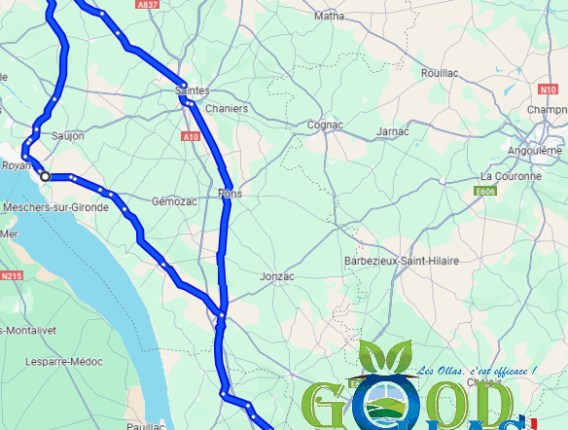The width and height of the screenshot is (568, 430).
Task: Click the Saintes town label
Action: pyautogui.click(x=192, y=90)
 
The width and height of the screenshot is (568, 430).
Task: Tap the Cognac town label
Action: pyautogui.click(x=324, y=125)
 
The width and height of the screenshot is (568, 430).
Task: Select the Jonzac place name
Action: pyautogui.click(x=277, y=276)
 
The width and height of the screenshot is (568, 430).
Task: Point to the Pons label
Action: pyautogui.click(x=230, y=194)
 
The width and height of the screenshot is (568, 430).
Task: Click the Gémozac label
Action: pyautogui.click(x=174, y=201)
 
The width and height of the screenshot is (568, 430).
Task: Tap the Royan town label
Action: pyautogui.click(x=16, y=165)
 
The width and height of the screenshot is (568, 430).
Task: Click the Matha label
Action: pyautogui.click(x=330, y=16)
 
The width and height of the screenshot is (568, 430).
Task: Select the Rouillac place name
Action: pyautogui.click(x=439, y=73)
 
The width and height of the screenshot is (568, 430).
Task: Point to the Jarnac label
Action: pyautogui.click(x=393, y=131)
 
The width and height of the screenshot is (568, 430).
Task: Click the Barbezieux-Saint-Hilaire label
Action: pyautogui.click(x=402, y=262)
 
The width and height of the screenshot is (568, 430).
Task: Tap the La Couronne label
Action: pyautogui.click(x=511, y=177)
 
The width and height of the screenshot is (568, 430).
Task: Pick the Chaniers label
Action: pyautogui.click(x=227, y=109)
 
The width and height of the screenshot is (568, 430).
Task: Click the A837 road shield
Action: pyautogui.click(x=148, y=5)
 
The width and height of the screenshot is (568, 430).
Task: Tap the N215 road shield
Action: pyautogui.click(x=11, y=276)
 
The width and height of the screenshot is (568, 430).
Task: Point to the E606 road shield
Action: pyautogui.click(x=486, y=192)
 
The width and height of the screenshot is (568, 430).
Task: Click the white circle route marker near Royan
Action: pyautogui.click(x=45, y=176)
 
